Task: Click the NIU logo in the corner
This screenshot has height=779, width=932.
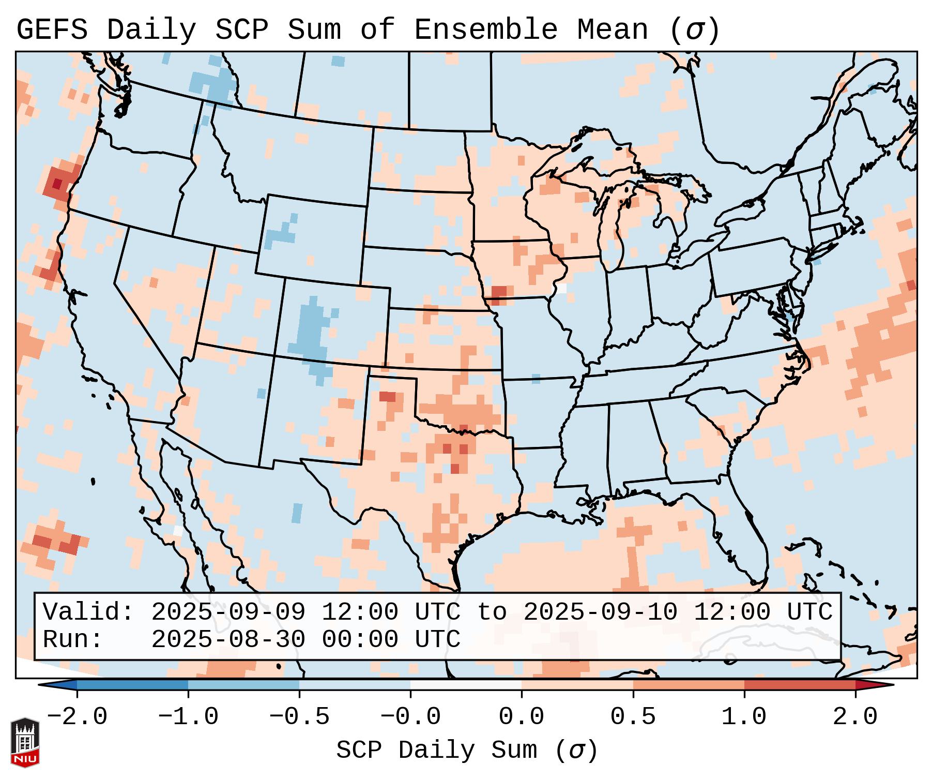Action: [x=25, y=742]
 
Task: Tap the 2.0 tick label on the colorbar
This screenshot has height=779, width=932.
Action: [x=855, y=717]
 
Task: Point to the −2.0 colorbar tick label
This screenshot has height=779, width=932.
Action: [x=77, y=717]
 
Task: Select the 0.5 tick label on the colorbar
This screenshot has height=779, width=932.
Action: [x=633, y=717]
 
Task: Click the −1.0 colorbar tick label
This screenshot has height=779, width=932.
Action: [x=188, y=717]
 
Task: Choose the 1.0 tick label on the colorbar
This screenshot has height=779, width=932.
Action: [x=744, y=717]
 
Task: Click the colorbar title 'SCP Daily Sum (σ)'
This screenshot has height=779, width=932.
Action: [x=467, y=751]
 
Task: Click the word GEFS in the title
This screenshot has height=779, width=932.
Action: [x=52, y=30]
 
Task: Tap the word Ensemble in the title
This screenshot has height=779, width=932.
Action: [x=486, y=30]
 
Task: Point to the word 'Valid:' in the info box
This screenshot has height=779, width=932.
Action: [x=88, y=612]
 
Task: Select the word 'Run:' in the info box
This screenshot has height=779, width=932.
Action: [x=73, y=639]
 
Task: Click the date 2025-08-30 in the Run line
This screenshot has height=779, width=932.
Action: [x=228, y=639]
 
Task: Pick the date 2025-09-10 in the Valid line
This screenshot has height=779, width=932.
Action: [x=600, y=612]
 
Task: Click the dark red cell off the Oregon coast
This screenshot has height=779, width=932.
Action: [x=57, y=184]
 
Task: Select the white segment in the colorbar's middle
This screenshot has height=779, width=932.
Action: [x=466, y=685]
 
